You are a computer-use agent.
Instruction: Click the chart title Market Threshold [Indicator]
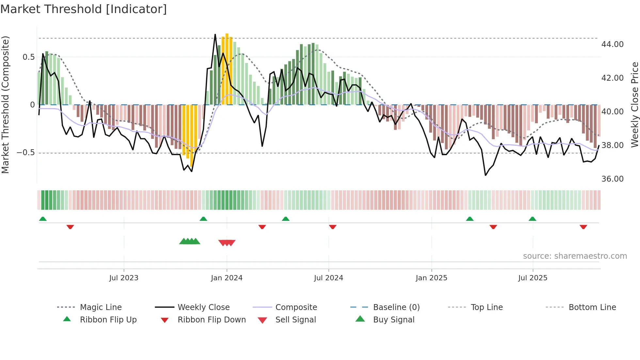click(x=84, y=9)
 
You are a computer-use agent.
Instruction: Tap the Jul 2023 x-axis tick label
click(x=124, y=278)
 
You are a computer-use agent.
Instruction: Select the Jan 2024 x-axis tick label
click(x=227, y=278)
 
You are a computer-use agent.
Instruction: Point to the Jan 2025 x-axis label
click(x=431, y=278)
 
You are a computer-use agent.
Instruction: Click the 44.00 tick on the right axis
click(x=612, y=44)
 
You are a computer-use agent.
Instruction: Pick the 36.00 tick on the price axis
click(x=612, y=179)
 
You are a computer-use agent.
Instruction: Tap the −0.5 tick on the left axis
click(x=25, y=153)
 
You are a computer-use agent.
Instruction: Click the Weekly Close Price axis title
click(x=634, y=105)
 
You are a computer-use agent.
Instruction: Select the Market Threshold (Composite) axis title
click(x=5, y=105)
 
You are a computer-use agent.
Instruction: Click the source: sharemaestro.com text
click(x=575, y=256)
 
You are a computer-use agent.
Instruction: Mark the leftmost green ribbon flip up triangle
click(x=43, y=219)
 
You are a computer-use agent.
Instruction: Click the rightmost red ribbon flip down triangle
click(x=583, y=227)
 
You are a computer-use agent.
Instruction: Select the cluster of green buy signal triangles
click(x=190, y=241)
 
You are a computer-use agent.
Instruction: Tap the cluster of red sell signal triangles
click(x=227, y=243)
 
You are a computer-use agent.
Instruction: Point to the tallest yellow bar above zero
click(x=227, y=69)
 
